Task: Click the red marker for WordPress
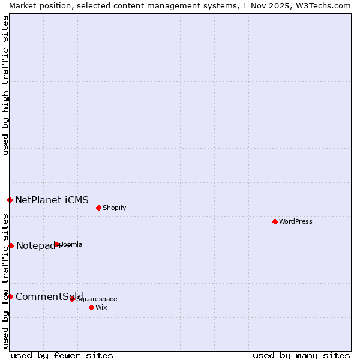tap(275, 221)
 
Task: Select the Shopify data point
tap(98, 208)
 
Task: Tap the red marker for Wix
tap(91, 307)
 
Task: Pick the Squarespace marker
tap(72, 299)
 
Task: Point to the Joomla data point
tap(57, 244)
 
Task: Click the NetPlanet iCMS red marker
tap(10, 200)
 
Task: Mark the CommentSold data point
tap(10, 296)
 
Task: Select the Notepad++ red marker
tap(11, 245)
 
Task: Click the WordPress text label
tap(296, 221)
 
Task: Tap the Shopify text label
tap(114, 208)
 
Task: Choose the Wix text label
tap(101, 307)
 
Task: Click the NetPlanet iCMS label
tap(52, 200)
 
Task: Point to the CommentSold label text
tap(49, 296)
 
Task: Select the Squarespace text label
tap(97, 299)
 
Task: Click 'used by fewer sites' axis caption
tap(62, 355)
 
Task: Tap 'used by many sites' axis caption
tap(301, 355)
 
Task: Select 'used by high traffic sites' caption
tap(5, 85)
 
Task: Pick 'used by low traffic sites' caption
tap(5, 281)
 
